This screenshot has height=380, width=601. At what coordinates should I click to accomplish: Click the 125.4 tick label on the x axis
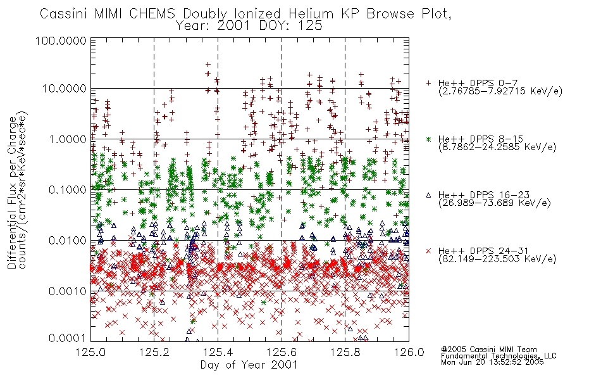218,352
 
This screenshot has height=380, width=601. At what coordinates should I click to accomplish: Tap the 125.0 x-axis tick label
91,352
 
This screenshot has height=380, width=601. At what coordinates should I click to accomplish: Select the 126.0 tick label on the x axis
409,352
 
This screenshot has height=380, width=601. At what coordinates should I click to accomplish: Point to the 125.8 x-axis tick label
345,352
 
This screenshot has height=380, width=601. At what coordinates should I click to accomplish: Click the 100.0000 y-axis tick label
61,41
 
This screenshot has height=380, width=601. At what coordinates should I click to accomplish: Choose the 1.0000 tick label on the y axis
68,139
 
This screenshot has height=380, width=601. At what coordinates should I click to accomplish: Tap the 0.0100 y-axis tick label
68,241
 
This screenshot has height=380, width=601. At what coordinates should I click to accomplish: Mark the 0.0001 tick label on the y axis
68,338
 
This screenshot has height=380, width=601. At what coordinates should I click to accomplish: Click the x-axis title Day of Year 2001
249,365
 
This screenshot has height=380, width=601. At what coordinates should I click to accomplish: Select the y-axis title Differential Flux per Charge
13,193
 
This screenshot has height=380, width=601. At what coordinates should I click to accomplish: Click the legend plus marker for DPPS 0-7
428,83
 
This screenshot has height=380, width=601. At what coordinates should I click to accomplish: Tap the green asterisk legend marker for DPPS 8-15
428,139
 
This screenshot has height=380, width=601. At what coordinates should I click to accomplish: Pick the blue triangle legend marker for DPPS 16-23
428,195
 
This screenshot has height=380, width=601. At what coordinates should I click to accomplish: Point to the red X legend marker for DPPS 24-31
428,251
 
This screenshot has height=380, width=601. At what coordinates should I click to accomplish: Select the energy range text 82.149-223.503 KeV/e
497,259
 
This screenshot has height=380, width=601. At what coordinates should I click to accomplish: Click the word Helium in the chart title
311,14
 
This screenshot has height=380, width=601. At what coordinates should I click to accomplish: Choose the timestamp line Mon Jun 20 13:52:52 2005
492,362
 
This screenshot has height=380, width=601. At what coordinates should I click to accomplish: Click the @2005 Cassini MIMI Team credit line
488,350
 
